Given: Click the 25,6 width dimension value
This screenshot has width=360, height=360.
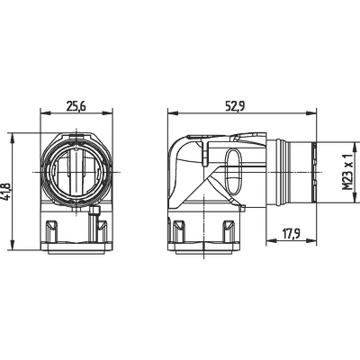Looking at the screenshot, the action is point(76,106).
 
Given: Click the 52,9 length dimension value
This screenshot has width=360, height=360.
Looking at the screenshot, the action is point(236,106).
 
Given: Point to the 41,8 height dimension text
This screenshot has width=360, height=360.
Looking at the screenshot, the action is point(7,191).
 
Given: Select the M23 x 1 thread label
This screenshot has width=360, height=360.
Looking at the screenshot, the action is point(347,172).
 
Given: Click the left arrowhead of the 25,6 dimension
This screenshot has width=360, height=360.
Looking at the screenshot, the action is point(45,113).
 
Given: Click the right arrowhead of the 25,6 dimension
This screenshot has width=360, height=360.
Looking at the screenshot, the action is point(108,113).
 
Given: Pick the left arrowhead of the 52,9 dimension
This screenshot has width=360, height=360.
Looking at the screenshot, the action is point(173,113).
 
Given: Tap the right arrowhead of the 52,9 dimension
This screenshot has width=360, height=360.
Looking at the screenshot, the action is point(311,113).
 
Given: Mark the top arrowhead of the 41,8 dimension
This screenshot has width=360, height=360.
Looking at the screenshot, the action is point(13,139).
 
